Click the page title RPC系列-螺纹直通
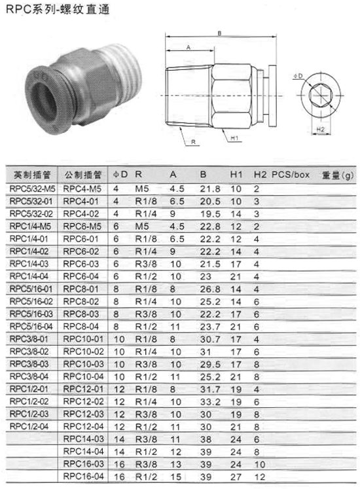58,10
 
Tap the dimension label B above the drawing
219,33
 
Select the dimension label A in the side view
188,47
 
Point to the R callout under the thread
193,142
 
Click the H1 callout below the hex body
234,138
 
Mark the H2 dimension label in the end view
320,130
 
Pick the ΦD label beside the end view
298,76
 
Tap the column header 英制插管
32,175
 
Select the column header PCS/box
290,175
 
